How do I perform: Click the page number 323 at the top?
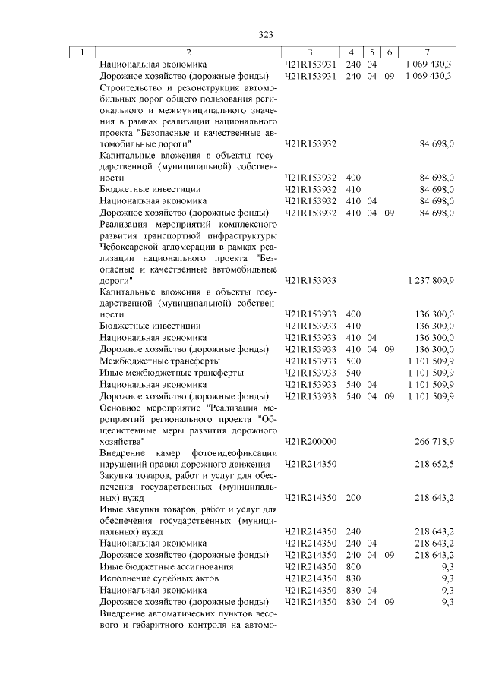point(266,35)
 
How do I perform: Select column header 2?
point(188,52)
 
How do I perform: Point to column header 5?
point(372,52)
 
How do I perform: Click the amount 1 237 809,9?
point(430,281)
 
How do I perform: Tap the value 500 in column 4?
point(353,361)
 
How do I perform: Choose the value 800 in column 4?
point(353,566)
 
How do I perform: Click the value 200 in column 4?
point(353,498)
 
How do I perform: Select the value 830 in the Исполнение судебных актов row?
point(353,578)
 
